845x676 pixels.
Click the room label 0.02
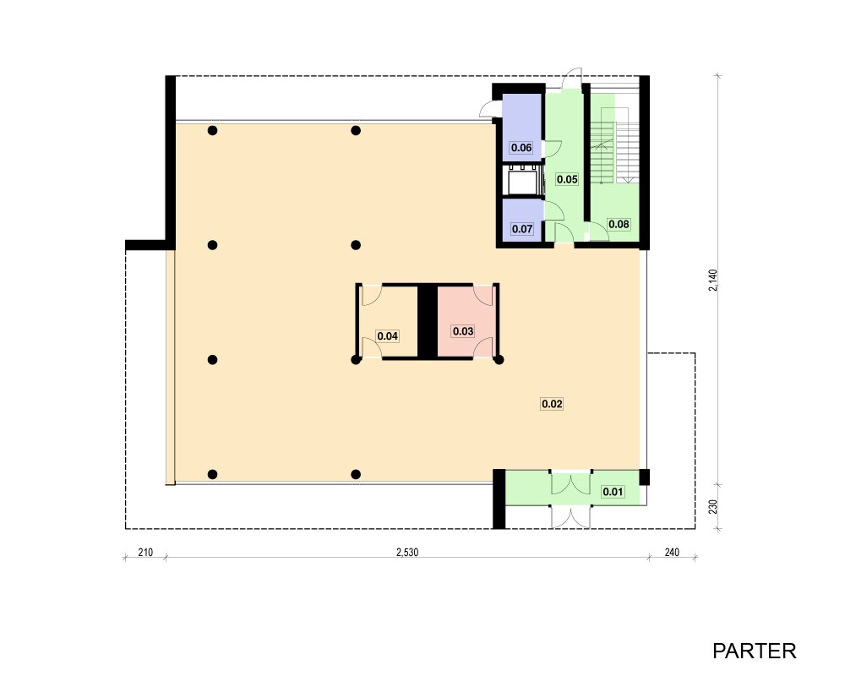552,403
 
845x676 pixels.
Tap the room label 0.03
463,331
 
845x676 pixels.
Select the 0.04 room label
388,336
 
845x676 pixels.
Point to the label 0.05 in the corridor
567,179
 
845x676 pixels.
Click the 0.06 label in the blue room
521,148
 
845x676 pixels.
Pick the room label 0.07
521,228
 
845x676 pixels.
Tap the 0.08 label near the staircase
619,224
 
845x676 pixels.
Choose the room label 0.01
613,492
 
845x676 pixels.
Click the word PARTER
754,651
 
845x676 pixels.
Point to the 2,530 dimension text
407,552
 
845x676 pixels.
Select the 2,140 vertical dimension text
713,281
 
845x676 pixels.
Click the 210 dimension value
145,552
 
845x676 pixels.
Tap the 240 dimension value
672,552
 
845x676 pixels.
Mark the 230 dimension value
713,507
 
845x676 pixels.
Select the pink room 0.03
466,322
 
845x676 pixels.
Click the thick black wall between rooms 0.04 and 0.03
428,322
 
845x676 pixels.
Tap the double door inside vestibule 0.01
570,483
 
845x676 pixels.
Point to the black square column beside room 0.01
644,477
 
